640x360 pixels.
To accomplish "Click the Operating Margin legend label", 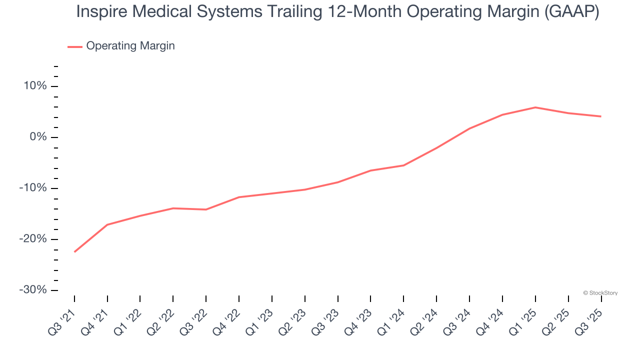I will point(130,46).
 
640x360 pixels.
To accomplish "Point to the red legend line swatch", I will point(75,46).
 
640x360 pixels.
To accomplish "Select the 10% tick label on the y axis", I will point(34,86).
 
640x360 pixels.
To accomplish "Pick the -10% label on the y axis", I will point(32,188).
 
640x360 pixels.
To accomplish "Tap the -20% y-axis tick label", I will point(32,239).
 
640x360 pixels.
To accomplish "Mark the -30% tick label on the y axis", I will point(32,290).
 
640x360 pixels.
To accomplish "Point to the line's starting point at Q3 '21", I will point(74,251).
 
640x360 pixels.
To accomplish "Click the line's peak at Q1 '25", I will point(535,107).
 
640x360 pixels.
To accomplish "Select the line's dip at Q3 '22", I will point(206,209).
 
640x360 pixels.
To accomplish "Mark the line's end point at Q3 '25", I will point(600,116).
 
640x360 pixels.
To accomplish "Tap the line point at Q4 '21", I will point(107,224).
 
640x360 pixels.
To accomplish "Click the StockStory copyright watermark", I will point(600,293).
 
